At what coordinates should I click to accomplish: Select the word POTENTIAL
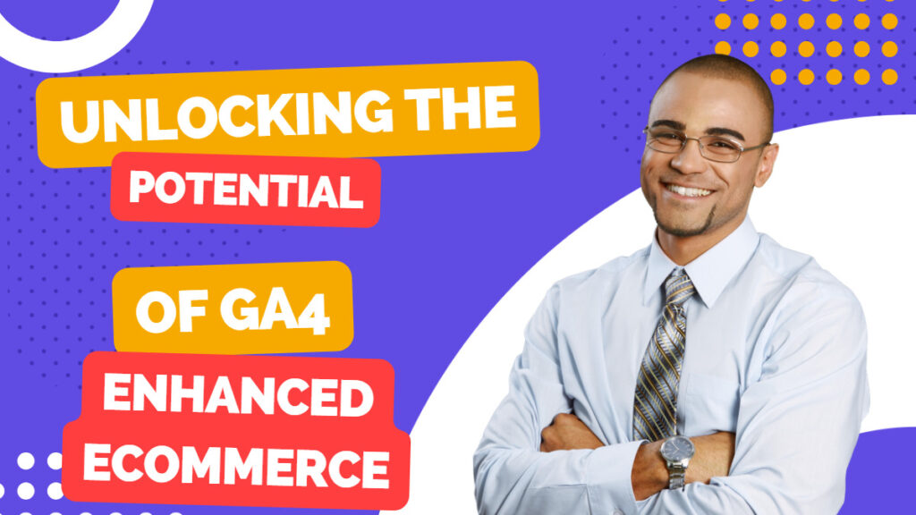tap(246, 189)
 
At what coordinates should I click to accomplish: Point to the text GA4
tap(276, 311)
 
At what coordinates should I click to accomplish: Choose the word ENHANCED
tap(238, 395)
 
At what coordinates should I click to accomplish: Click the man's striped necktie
tap(663, 356)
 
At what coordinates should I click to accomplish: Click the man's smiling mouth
tap(690, 191)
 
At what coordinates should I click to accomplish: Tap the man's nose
tap(684, 163)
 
